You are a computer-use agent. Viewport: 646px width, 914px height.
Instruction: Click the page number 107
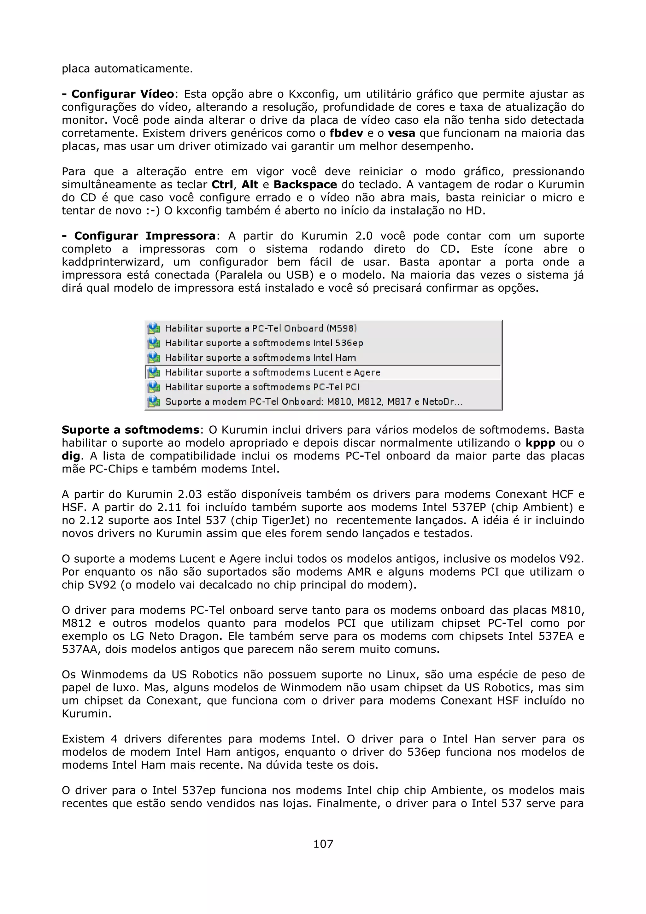click(323, 844)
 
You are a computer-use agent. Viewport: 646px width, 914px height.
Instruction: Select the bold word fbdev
click(346, 133)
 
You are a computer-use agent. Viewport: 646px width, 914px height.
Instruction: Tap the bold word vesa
click(401, 133)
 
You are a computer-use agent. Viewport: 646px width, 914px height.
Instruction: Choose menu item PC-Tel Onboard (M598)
click(261, 328)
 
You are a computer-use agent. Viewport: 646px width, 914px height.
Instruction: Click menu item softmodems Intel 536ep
click(264, 343)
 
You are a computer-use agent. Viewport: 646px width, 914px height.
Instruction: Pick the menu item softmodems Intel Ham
click(260, 358)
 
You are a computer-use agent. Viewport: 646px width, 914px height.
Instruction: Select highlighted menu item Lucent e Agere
click(273, 372)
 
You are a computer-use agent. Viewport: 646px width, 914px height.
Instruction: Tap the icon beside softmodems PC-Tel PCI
click(154, 387)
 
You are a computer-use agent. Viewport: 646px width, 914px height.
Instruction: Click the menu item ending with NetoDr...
click(314, 402)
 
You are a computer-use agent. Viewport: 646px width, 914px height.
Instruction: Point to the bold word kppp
click(540, 443)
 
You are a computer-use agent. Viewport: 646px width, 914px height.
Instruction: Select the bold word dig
click(70, 456)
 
